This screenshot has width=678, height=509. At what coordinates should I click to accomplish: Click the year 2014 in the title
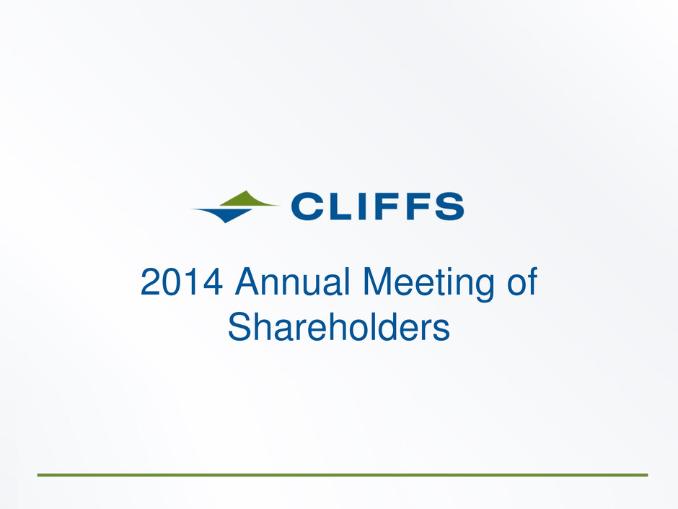[x=182, y=282]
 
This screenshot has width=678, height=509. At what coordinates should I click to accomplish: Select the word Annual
[x=292, y=282]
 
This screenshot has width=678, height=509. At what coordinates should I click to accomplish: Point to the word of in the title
[x=522, y=281]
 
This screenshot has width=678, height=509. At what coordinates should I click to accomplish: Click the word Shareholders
[x=339, y=326]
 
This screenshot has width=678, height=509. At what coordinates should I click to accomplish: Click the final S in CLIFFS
[x=449, y=206]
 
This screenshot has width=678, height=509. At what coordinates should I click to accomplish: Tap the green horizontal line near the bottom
[x=343, y=475]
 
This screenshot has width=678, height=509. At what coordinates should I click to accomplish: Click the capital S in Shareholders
[x=240, y=326]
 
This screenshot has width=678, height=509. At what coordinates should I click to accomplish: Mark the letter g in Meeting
[x=483, y=289]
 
